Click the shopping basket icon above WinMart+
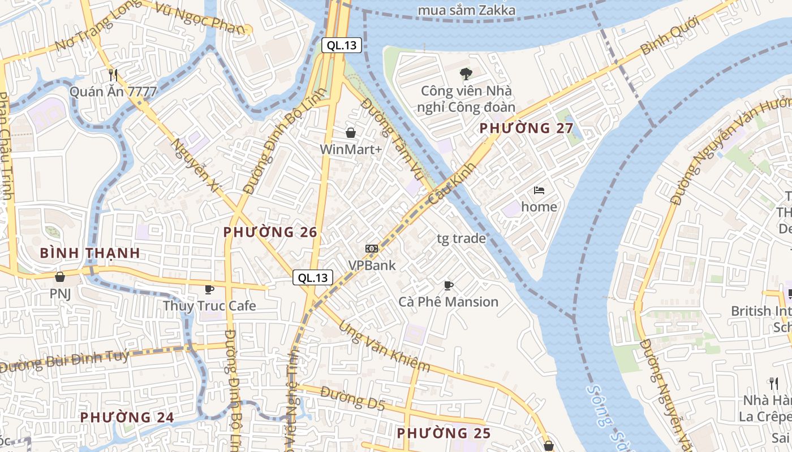coord(351,133)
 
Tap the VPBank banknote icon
coord(372,249)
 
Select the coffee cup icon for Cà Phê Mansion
coord(449,285)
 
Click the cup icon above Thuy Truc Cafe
coord(209,290)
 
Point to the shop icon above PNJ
coord(60,277)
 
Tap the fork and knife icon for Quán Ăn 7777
coord(113,75)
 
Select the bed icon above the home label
coord(539,190)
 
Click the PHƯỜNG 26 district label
coord(270,232)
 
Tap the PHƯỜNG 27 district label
coord(526,128)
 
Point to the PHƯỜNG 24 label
coord(127,418)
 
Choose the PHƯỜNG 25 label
coord(444,433)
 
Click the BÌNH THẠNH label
coord(91,253)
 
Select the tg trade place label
coord(461,238)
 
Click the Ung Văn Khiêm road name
coord(385,347)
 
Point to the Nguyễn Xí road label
coord(195,165)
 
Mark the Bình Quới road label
coord(669,36)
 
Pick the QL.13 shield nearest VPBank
coord(313,277)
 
